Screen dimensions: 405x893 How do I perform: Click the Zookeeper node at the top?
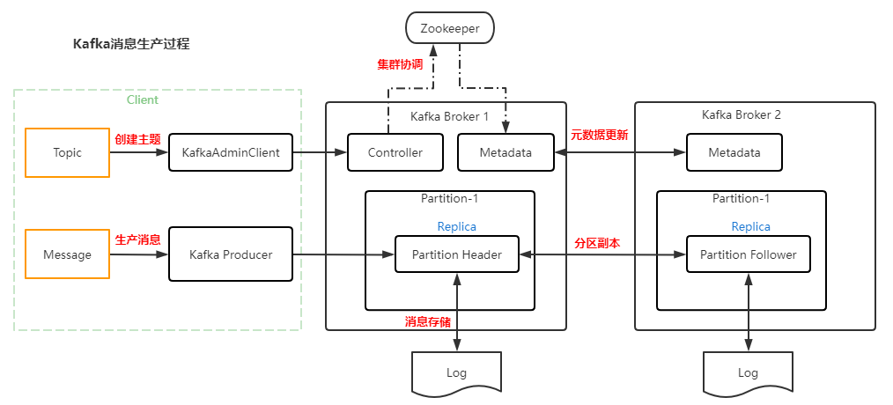(449, 28)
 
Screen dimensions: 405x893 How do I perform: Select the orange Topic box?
(67, 152)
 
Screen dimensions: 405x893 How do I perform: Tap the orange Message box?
(67, 254)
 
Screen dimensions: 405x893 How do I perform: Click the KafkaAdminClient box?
(230, 152)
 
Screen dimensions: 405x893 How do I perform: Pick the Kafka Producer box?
(230, 254)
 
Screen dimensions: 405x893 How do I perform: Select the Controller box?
(395, 152)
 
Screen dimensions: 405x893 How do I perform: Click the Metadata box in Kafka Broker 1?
(506, 152)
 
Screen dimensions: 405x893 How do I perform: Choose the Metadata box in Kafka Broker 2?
(734, 152)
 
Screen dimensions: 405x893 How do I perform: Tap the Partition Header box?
(457, 254)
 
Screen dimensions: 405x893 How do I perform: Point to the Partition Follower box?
(748, 254)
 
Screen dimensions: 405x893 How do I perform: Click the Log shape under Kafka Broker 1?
(456, 372)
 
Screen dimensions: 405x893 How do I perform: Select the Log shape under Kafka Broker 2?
(748, 372)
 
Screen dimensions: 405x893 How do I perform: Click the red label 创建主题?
(137, 138)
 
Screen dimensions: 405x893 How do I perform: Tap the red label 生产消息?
(137, 239)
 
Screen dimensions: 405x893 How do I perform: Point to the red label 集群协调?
(400, 64)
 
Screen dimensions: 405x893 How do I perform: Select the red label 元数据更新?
(599, 135)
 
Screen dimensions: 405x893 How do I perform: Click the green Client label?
(143, 99)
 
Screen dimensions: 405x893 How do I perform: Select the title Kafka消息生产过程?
(131, 43)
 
